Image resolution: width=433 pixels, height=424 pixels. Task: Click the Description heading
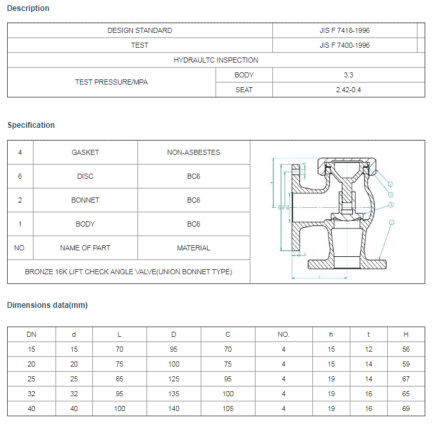point(28,8)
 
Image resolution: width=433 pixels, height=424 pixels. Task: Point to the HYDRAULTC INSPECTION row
point(216,60)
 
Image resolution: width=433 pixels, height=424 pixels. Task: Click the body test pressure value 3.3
point(348,75)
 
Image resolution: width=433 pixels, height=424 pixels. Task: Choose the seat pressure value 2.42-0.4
point(348,90)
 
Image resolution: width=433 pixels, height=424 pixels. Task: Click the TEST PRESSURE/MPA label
point(111,82)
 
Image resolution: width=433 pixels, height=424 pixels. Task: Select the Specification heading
point(31,125)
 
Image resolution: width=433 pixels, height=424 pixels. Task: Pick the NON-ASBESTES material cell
point(194,153)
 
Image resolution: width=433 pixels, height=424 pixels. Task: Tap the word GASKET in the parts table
point(85,153)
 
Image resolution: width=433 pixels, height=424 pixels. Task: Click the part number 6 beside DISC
point(20,177)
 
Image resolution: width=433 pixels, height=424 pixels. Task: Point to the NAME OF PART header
point(85,248)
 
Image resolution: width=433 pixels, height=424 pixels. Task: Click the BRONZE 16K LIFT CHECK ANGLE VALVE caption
point(128,272)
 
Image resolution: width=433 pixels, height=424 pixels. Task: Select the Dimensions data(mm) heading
point(47,305)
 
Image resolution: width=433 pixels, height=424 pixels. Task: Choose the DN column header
point(32,335)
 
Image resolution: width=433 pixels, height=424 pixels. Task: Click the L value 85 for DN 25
point(119,379)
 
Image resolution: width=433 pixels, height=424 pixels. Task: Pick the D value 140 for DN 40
point(174,409)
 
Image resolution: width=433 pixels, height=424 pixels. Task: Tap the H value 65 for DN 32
point(406,394)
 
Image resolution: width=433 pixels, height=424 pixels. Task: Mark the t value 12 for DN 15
point(368,349)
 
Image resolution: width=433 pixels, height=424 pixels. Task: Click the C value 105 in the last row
point(228,409)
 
